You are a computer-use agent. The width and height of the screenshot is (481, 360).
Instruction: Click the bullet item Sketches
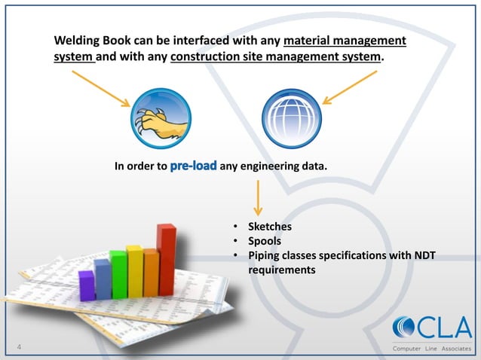pyautogui.click(x=270, y=226)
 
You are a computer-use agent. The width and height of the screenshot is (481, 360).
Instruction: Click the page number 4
pyautogui.click(x=19, y=346)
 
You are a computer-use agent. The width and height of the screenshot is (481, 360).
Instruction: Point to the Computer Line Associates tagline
pyautogui.click(x=432, y=348)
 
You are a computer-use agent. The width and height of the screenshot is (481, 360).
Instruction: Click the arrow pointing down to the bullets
pyautogui.click(x=258, y=198)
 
